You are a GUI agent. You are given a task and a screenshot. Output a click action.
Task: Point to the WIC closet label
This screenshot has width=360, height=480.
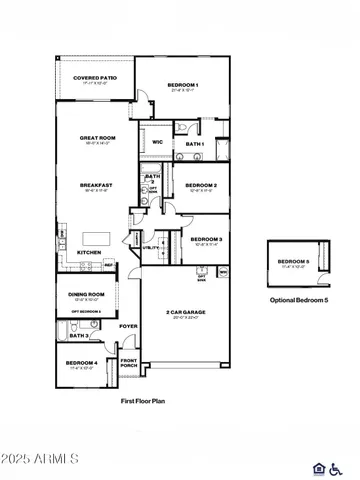click(x=157, y=142)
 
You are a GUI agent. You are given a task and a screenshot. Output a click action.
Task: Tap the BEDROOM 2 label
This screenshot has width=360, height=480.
click(x=201, y=185)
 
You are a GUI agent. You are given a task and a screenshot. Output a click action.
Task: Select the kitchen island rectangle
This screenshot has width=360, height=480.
click(x=96, y=234)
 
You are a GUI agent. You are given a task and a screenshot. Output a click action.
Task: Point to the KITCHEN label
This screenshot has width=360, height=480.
click(x=89, y=253)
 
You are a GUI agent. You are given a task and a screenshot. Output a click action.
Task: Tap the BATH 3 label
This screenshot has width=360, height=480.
click(x=93, y=336)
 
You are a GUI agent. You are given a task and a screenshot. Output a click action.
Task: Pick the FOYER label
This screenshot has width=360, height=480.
click(x=128, y=326)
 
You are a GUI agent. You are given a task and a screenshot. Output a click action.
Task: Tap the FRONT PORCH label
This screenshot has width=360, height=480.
click(x=129, y=364)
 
